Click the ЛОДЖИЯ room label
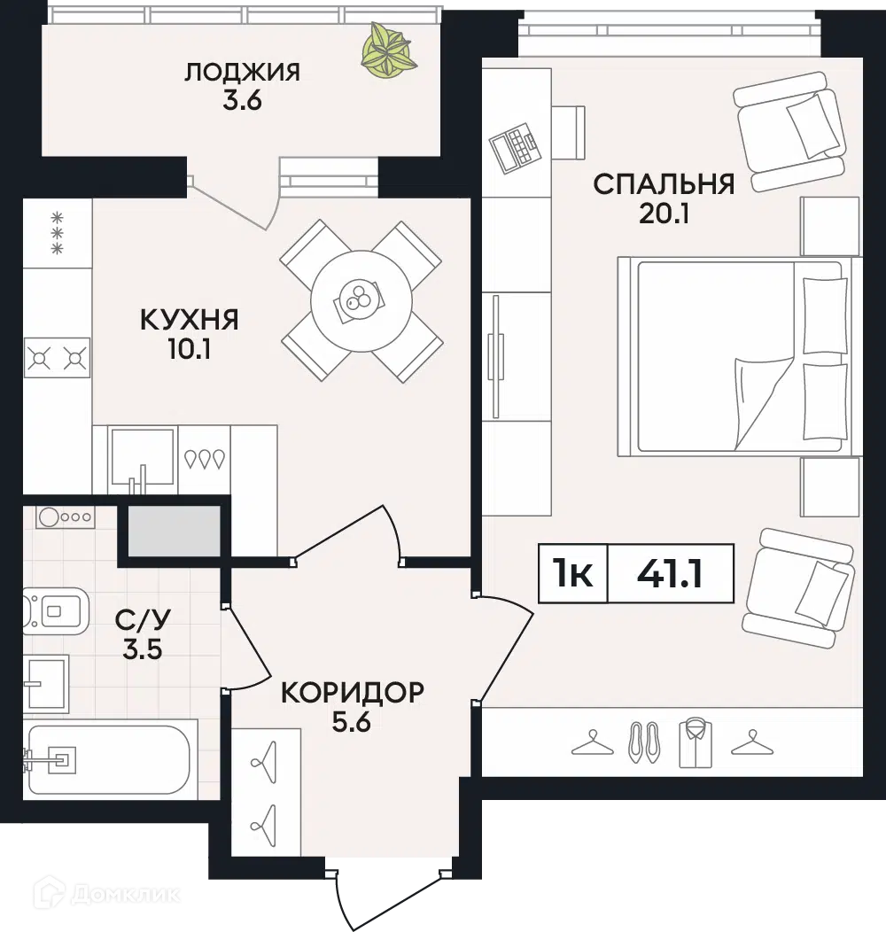pos(242,72)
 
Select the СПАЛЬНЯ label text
pos(664,184)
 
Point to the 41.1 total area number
pos(670,574)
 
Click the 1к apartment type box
pos(573,574)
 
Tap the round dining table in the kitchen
pos(361,301)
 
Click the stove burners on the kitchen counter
pos(57,358)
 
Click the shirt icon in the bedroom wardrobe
pos(696,742)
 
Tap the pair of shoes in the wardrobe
pos(644,742)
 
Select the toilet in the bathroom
pos(56,610)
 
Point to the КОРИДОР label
pos(352,692)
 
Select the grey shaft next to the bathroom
pos(174,531)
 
